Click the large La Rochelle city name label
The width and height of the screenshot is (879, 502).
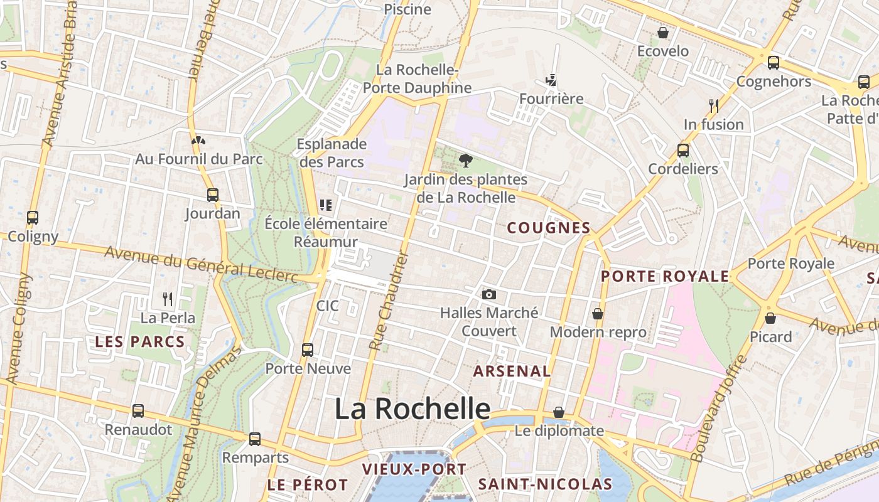coord(412,409)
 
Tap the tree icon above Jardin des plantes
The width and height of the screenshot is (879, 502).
coord(465,161)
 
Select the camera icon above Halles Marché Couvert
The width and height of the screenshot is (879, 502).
coord(489,294)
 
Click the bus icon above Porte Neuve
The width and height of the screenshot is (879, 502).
coord(308,350)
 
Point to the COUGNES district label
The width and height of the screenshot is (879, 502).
coord(549,228)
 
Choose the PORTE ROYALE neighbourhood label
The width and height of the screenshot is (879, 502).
coord(665,277)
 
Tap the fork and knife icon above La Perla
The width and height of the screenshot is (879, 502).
coord(168,299)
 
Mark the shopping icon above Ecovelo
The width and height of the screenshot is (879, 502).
coord(663,33)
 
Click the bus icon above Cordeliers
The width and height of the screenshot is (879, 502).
coord(683,151)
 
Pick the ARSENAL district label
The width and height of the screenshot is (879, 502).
coord(512,371)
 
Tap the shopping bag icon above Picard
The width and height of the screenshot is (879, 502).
coord(770,319)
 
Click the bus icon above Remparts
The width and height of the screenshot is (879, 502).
coord(255,439)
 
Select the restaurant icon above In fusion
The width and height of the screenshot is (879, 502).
coord(713,105)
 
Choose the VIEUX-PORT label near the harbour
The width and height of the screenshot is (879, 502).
coord(414,469)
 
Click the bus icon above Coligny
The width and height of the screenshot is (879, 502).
coord(33,218)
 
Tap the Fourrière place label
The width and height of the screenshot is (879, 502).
coord(551,99)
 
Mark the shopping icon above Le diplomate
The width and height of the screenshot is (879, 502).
coord(559,412)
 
